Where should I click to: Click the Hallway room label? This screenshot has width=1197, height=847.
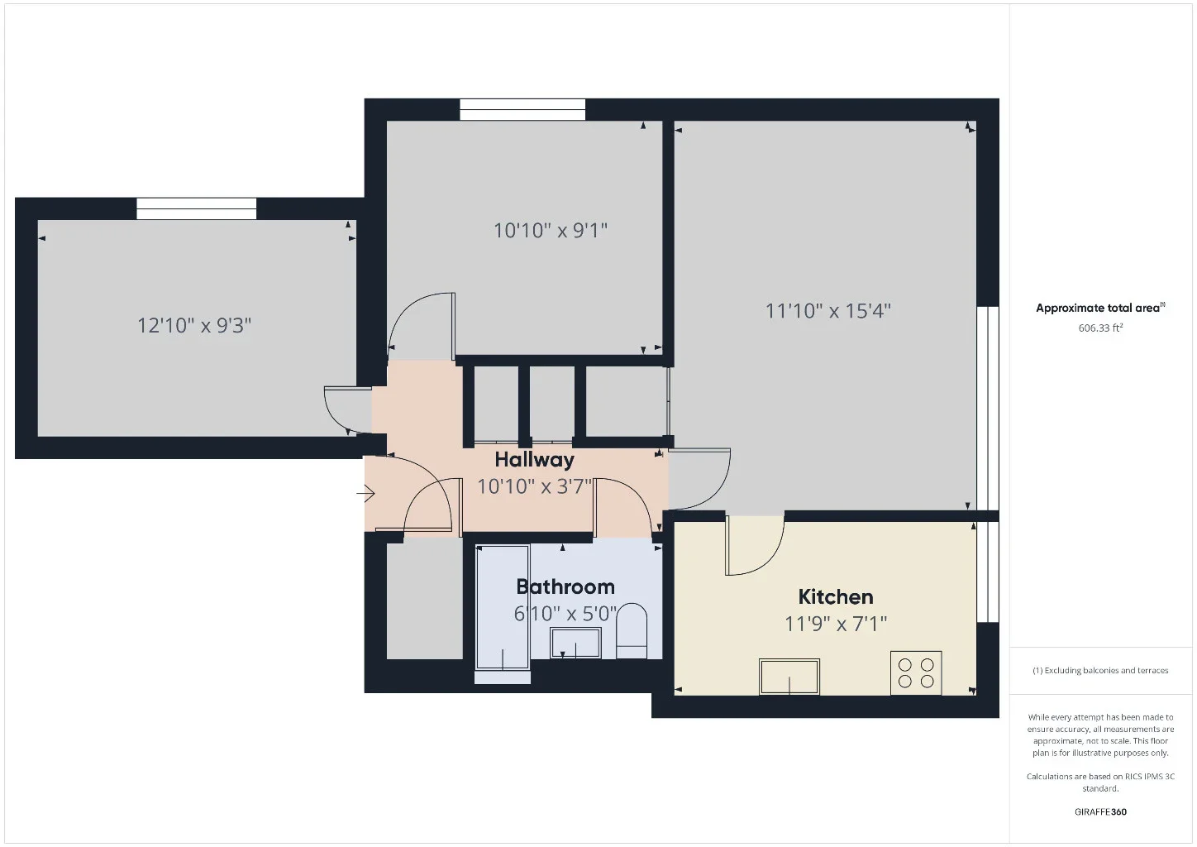(x=534, y=460)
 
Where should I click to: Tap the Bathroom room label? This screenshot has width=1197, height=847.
(x=565, y=587)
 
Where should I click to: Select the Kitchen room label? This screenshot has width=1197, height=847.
(x=836, y=596)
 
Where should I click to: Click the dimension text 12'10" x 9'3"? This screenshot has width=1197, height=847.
(x=194, y=325)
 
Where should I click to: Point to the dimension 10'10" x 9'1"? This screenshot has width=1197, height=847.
(x=551, y=231)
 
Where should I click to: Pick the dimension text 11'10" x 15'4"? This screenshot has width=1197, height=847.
(x=828, y=311)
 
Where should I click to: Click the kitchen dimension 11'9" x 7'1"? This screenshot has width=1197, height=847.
(x=836, y=624)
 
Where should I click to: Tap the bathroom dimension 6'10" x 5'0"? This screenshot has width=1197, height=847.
(x=565, y=613)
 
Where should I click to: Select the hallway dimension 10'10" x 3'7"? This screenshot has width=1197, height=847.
(x=534, y=486)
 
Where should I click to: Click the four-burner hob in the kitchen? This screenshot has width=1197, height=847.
(x=916, y=672)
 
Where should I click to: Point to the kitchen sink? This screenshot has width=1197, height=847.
(x=789, y=677)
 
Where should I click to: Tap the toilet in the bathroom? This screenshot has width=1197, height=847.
(x=632, y=631)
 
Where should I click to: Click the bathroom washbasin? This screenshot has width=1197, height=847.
(x=575, y=643)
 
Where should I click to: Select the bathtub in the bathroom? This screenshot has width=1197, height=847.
(x=503, y=607)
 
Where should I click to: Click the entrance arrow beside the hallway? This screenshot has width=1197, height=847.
(x=366, y=493)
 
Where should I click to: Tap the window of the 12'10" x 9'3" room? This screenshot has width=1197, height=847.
(x=197, y=208)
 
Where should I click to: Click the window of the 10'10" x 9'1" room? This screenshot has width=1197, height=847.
(x=522, y=110)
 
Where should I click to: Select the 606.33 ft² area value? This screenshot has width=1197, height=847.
(x=1100, y=328)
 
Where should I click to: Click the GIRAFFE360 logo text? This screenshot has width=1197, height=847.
(x=1100, y=811)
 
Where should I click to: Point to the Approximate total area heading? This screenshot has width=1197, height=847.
(x=1100, y=308)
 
